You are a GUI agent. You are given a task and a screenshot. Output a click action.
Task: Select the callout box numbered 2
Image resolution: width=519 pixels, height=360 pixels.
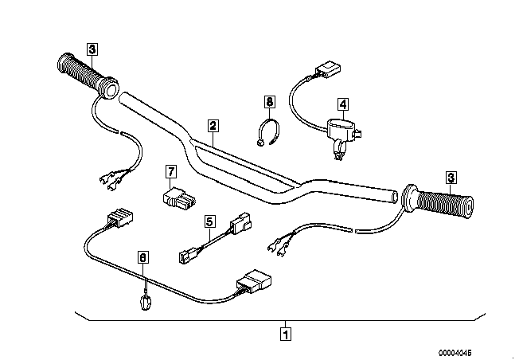213,125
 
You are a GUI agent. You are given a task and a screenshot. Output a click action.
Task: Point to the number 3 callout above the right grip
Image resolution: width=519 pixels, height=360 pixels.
451,178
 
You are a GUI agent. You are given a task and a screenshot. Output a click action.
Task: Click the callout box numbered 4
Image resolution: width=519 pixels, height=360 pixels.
343,104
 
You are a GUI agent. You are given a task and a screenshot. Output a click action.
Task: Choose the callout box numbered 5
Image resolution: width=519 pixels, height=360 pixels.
209,222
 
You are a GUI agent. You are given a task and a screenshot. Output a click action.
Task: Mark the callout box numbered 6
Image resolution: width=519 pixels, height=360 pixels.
143,257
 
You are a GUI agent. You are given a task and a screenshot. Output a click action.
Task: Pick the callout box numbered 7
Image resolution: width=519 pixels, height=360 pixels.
170,171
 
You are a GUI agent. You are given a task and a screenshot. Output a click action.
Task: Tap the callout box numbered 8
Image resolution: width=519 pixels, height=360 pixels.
269,101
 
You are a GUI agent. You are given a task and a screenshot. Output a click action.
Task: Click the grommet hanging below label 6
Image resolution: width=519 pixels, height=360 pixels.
146,301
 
